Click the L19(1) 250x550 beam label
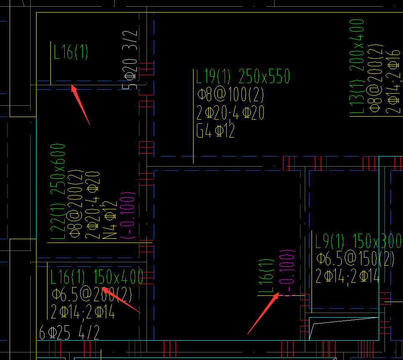click(243, 77)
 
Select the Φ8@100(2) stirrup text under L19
click(230, 95)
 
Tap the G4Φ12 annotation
click(215, 131)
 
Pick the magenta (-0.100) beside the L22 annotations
click(128, 215)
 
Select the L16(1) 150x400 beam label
click(97, 277)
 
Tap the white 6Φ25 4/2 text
click(69, 333)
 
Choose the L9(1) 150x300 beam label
click(359, 242)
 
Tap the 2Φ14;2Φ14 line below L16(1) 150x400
click(82, 313)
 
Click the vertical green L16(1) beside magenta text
click(266, 276)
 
